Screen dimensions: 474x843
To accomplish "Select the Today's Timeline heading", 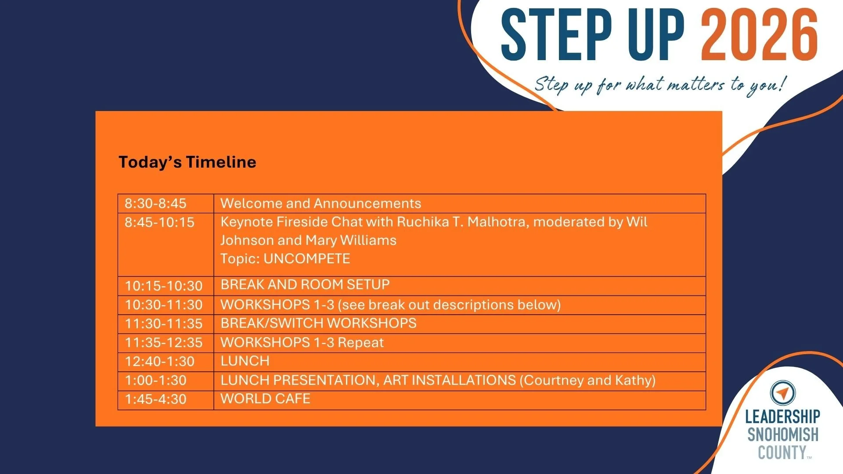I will (x=187, y=162).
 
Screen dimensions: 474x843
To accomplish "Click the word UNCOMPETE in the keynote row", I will (x=306, y=259).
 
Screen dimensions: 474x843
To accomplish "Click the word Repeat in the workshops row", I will (x=361, y=342).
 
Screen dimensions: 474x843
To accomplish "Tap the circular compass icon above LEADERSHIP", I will (x=782, y=392).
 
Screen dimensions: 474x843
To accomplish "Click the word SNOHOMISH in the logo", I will (x=783, y=434).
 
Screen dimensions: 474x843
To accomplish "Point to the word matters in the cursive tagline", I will (x=696, y=84).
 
